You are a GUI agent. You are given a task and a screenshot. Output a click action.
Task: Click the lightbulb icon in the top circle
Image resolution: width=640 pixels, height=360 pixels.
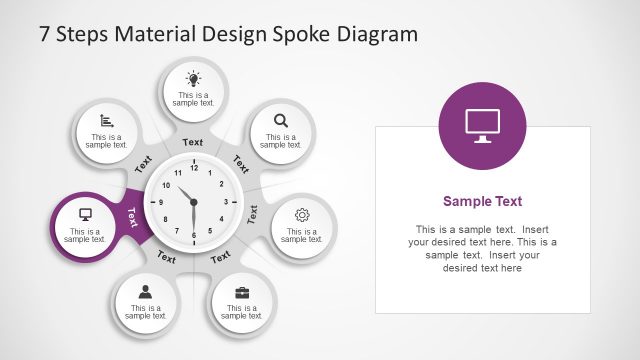coord(193,78)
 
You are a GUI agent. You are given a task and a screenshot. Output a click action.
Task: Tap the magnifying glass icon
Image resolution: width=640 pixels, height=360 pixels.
coord(281,121)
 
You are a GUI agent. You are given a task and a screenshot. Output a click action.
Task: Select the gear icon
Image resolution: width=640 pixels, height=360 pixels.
coord(303,214)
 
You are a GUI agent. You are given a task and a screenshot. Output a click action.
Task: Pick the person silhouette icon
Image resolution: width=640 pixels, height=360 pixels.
coord(145,292)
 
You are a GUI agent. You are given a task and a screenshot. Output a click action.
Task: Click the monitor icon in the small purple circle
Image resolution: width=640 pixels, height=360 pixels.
coord(85,214)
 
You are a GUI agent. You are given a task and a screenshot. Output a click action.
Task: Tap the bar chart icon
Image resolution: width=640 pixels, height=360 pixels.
coord(106,120)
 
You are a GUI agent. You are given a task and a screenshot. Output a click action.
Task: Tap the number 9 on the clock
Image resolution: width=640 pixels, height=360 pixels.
coord(161,202)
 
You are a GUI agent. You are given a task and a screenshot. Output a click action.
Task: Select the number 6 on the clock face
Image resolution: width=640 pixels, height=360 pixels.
coord(194,235)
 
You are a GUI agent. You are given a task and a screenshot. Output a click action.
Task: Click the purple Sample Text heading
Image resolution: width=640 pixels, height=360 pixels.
coord(482,201)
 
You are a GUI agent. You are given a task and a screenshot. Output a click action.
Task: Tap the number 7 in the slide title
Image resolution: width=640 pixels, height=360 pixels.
coord(45,34)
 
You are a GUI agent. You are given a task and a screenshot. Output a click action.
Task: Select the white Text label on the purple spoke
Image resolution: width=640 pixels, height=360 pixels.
coord(132,217)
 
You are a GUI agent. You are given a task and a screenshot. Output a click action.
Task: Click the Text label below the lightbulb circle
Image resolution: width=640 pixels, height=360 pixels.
coord(193,142)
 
